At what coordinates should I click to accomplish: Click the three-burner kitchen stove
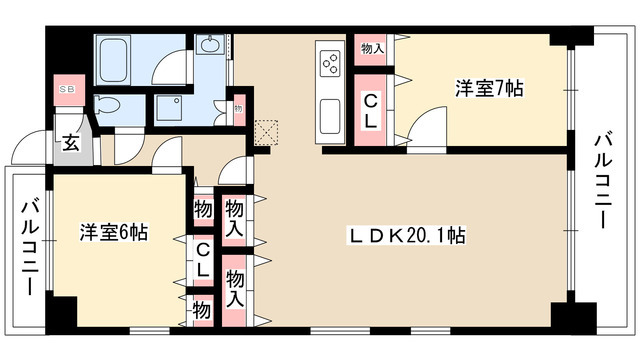tap(329, 64)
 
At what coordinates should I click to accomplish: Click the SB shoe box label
tap(69, 88)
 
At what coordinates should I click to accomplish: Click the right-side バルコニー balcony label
tap(607, 179)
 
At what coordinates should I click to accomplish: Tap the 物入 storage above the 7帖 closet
tap(371, 48)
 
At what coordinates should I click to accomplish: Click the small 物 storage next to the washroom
tap(238, 108)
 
